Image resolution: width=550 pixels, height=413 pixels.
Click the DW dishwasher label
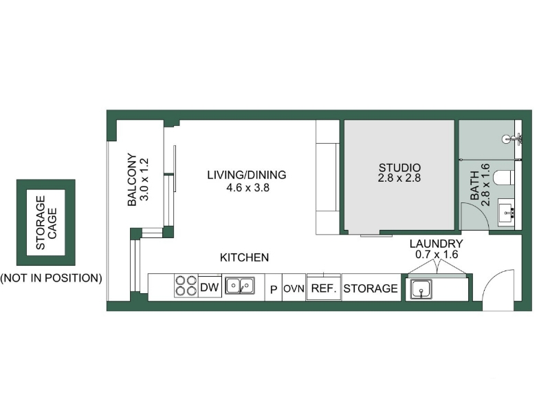tap(210, 287)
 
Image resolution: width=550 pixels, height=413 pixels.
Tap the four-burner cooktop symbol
tap(186, 286)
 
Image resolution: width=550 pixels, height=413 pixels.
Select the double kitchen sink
tap(240, 285)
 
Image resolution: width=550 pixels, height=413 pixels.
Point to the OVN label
tap(294, 289)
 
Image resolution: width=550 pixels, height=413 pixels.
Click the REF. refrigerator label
tap(324, 288)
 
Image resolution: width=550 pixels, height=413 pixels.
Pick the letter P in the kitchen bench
tap(274, 289)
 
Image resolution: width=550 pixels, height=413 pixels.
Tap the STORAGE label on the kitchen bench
tap(371, 288)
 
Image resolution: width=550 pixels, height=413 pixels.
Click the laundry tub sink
tap(421, 289)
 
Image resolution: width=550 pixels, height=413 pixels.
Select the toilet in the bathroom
tap(504, 178)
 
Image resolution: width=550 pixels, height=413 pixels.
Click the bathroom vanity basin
tap(506, 212)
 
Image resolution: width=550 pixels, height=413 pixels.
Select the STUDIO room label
tap(399, 167)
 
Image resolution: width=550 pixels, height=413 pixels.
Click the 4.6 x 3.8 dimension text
tap(247, 188)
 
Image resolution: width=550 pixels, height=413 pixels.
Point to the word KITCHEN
tap(244, 257)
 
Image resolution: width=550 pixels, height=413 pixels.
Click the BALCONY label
tap(132, 180)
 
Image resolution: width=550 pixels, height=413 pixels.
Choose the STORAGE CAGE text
tap(46, 222)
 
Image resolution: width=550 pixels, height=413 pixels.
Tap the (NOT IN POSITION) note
tap(51, 278)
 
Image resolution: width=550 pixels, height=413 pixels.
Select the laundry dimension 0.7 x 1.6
tap(437, 254)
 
